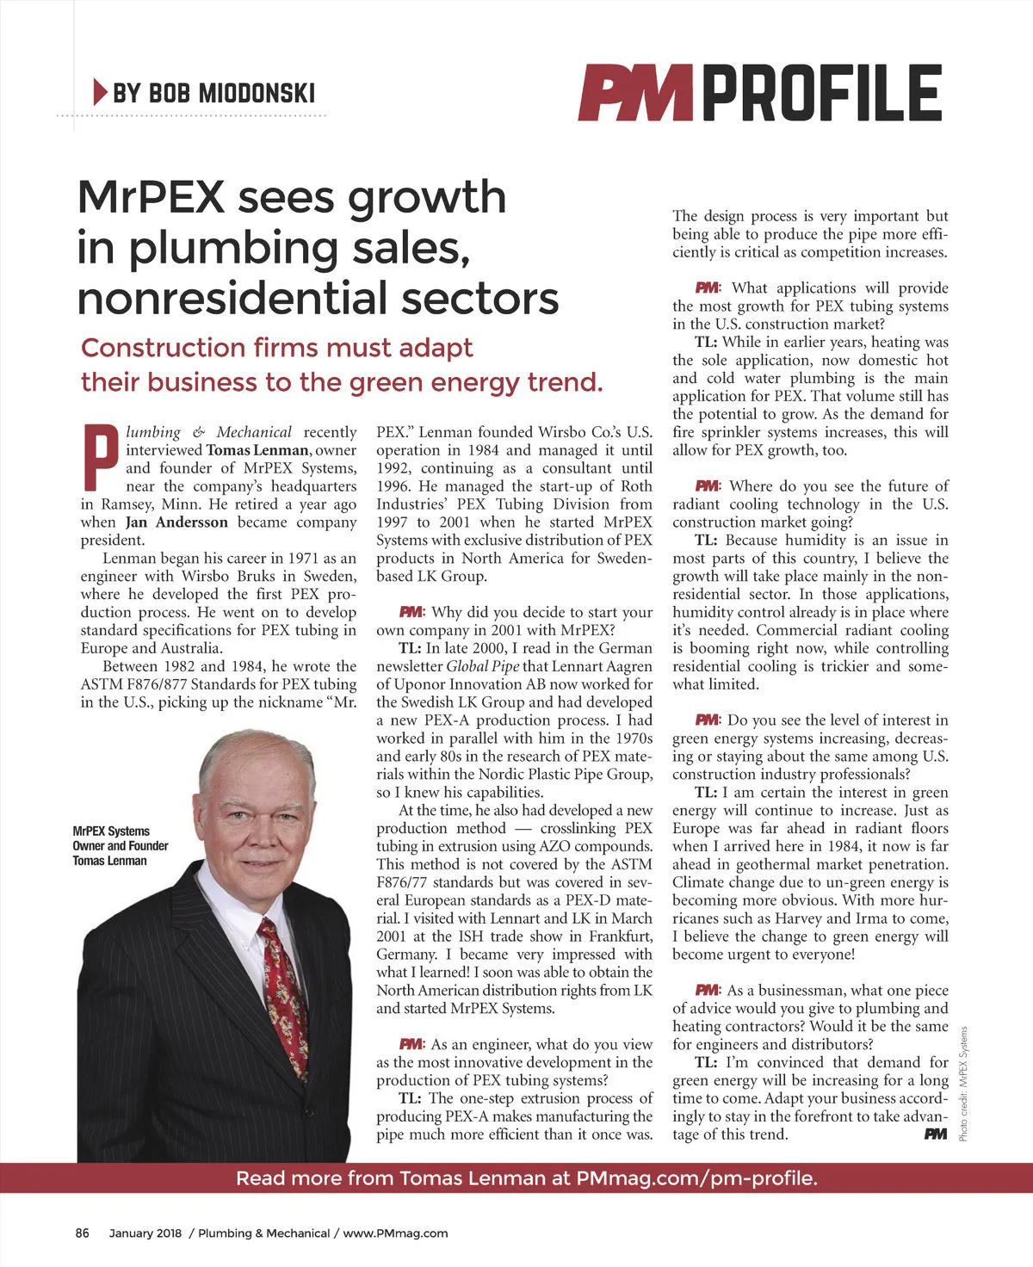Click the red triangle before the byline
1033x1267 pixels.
(x=100, y=91)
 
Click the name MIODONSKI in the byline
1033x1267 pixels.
(x=257, y=93)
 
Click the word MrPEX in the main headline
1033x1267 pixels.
(x=151, y=197)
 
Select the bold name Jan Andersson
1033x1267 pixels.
(x=176, y=522)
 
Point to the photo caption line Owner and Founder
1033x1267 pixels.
(x=121, y=846)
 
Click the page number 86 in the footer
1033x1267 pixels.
(x=83, y=1233)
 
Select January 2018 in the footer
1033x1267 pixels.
(x=145, y=1233)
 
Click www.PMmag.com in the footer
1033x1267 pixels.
(x=395, y=1233)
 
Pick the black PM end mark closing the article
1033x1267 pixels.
(x=936, y=1134)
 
